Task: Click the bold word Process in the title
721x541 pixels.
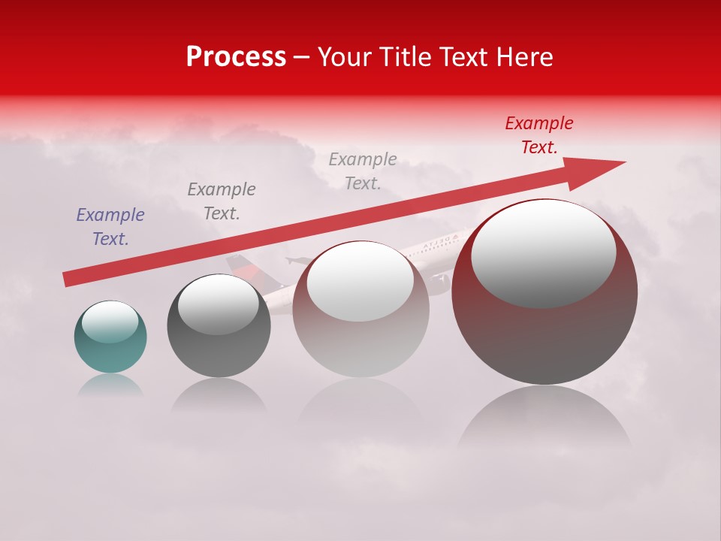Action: point(236,57)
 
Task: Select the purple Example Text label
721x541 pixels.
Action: point(110,227)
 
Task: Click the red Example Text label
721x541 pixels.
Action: point(538,135)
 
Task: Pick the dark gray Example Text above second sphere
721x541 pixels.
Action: point(222,201)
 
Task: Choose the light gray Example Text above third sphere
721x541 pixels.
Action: point(363,171)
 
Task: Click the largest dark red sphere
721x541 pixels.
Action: point(545,331)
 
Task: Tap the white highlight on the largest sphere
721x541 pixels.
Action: point(543,253)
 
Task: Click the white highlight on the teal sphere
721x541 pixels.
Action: point(110,322)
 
